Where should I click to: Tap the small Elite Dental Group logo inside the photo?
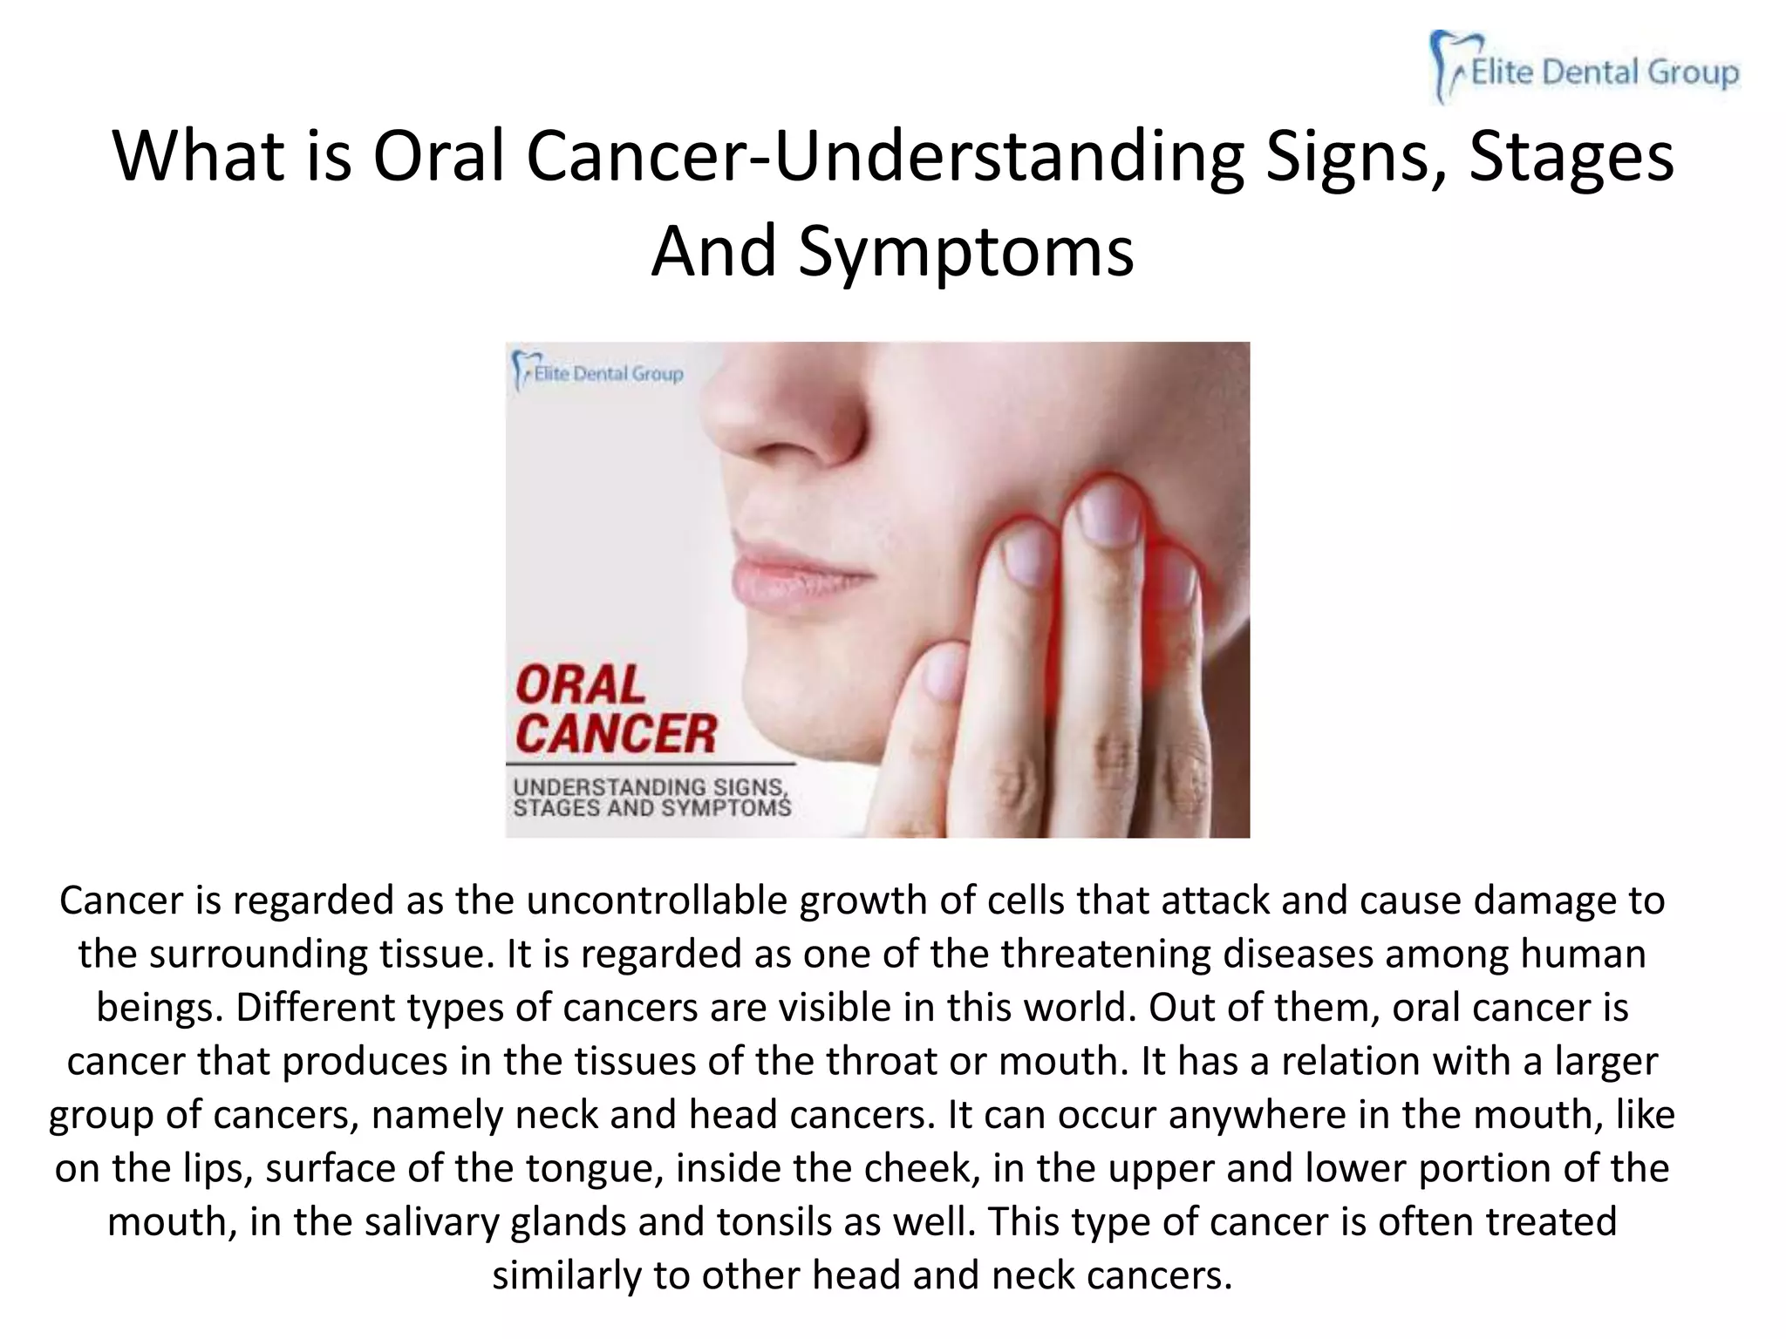598,373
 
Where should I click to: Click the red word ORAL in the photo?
580,685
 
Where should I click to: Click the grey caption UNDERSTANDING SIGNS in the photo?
650,787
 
